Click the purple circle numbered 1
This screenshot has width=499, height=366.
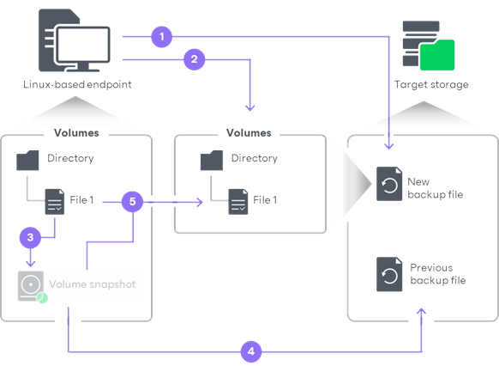tap(161, 37)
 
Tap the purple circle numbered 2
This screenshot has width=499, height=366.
tap(194, 59)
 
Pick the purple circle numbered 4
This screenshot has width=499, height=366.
tap(250, 351)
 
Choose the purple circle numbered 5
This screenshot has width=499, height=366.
tap(131, 202)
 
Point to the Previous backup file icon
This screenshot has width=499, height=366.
tap(389, 274)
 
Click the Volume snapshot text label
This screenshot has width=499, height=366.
tap(92, 284)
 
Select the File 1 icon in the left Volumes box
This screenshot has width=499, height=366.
tap(54, 203)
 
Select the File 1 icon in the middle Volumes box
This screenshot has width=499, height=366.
tap(237, 203)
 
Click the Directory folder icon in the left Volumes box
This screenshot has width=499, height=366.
tap(28, 160)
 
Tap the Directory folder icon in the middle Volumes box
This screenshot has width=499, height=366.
tap(212, 160)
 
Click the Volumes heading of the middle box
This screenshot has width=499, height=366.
tap(249, 133)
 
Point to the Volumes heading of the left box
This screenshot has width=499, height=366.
tap(76, 133)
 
